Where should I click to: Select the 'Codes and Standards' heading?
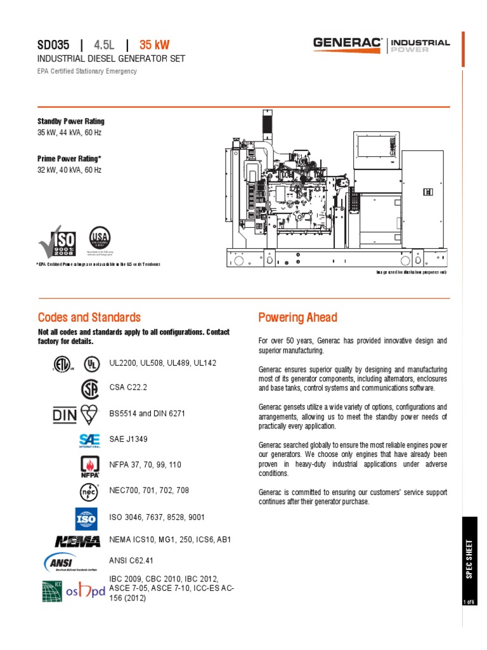click(x=89, y=317)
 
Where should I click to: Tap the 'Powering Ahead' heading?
click(x=297, y=317)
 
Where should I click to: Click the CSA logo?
click(x=90, y=388)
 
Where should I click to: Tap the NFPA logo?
click(x=89, y=466)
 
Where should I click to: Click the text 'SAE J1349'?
click(x=129, y=439)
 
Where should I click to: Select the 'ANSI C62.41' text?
click(x=132, y=561)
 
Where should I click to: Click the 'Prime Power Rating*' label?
click(x=69, y=159)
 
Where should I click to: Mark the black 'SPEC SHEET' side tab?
click(x=469, y=558)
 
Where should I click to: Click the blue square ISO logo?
click(x=86, y=519)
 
